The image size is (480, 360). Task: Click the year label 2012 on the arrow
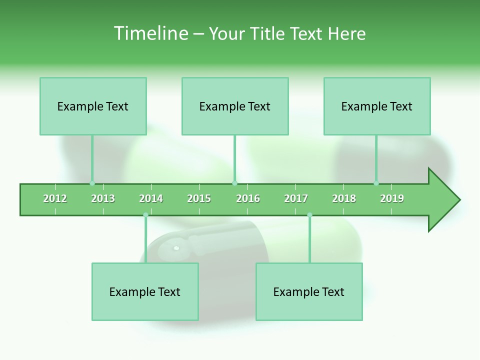point(55,198)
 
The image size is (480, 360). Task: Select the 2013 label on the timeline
point(103,198)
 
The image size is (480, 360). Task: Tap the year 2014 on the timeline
point(151,198)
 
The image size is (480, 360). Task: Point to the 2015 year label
point(199,198)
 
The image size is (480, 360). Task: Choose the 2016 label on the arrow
point(248,198)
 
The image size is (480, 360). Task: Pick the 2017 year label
point(296,198)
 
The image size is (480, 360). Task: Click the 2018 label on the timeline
point(344,198)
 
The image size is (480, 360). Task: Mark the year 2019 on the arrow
point(392,198)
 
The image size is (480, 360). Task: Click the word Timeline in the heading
point(150,33)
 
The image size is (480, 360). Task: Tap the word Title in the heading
point(268,33)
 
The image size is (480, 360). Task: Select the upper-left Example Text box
point(93,106)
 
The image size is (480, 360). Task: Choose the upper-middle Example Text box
point(235,106)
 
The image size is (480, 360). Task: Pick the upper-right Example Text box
point(377,106)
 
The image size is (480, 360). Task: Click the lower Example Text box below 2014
point(145,291)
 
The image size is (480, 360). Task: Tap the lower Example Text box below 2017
point(309,291)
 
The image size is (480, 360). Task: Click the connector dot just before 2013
point(92,183)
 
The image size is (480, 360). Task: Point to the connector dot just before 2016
point(235,183)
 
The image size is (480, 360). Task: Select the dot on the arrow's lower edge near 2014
point(145,215)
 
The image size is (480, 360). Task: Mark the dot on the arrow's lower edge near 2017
point(309,215)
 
